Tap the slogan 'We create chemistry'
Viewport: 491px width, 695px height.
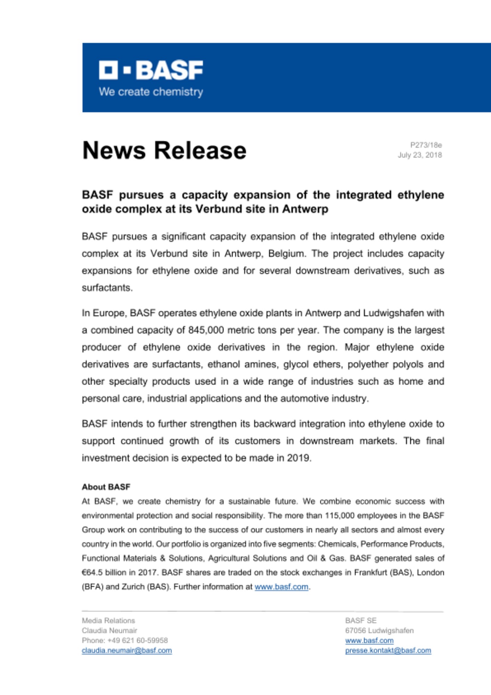[151, 92]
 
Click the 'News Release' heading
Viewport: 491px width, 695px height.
[164, 150]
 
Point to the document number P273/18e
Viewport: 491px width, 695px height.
[426, 145]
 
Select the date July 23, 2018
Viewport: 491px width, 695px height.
[419, 155]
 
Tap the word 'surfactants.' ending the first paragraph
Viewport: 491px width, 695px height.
[107, 288]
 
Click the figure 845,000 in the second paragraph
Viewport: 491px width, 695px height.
[206, 330]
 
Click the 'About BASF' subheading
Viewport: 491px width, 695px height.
[106, 487]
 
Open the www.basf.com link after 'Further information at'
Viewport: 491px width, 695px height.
[281, 587]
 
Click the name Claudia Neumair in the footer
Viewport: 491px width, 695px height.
[109, 630]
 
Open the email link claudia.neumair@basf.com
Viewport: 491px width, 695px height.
[127, 651]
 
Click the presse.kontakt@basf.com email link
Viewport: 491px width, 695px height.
[388, 651]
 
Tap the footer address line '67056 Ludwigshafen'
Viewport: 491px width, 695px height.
[379, 630]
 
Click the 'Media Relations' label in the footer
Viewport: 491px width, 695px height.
[108, 621]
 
